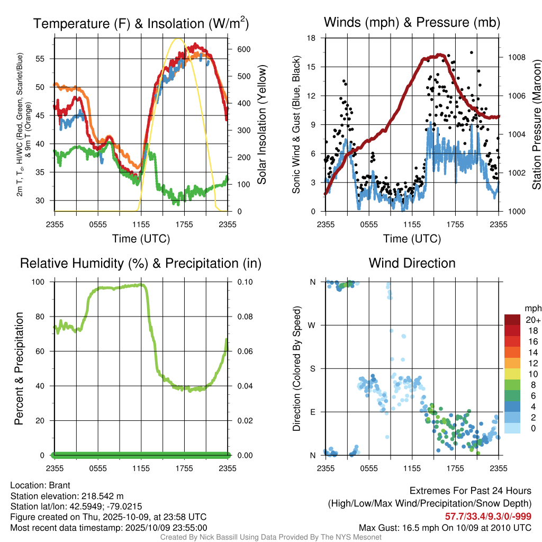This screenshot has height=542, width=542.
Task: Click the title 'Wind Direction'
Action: [x=412, y=263]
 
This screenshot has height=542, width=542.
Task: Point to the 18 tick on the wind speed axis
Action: [x=312, y=38]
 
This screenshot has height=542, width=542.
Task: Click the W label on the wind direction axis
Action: [x=313, y=325]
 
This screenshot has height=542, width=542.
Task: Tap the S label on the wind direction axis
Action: [x=313, y=368]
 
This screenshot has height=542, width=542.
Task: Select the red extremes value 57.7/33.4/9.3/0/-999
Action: [x=487, y=517]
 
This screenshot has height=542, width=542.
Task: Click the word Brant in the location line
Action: [x=60, y=485]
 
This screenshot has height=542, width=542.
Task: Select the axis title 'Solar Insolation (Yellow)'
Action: [x=261, y=125]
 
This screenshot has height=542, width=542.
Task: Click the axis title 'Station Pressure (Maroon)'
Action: [x=536, y=125]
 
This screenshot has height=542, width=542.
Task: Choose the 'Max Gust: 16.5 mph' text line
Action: [x=445, y=527]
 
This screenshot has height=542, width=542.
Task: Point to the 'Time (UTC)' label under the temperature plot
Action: [x=141, y=239]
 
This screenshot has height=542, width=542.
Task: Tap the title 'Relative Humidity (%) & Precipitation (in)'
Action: [x=141, y=263]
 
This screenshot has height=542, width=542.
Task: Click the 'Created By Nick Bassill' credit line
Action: [x=270, y=537]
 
